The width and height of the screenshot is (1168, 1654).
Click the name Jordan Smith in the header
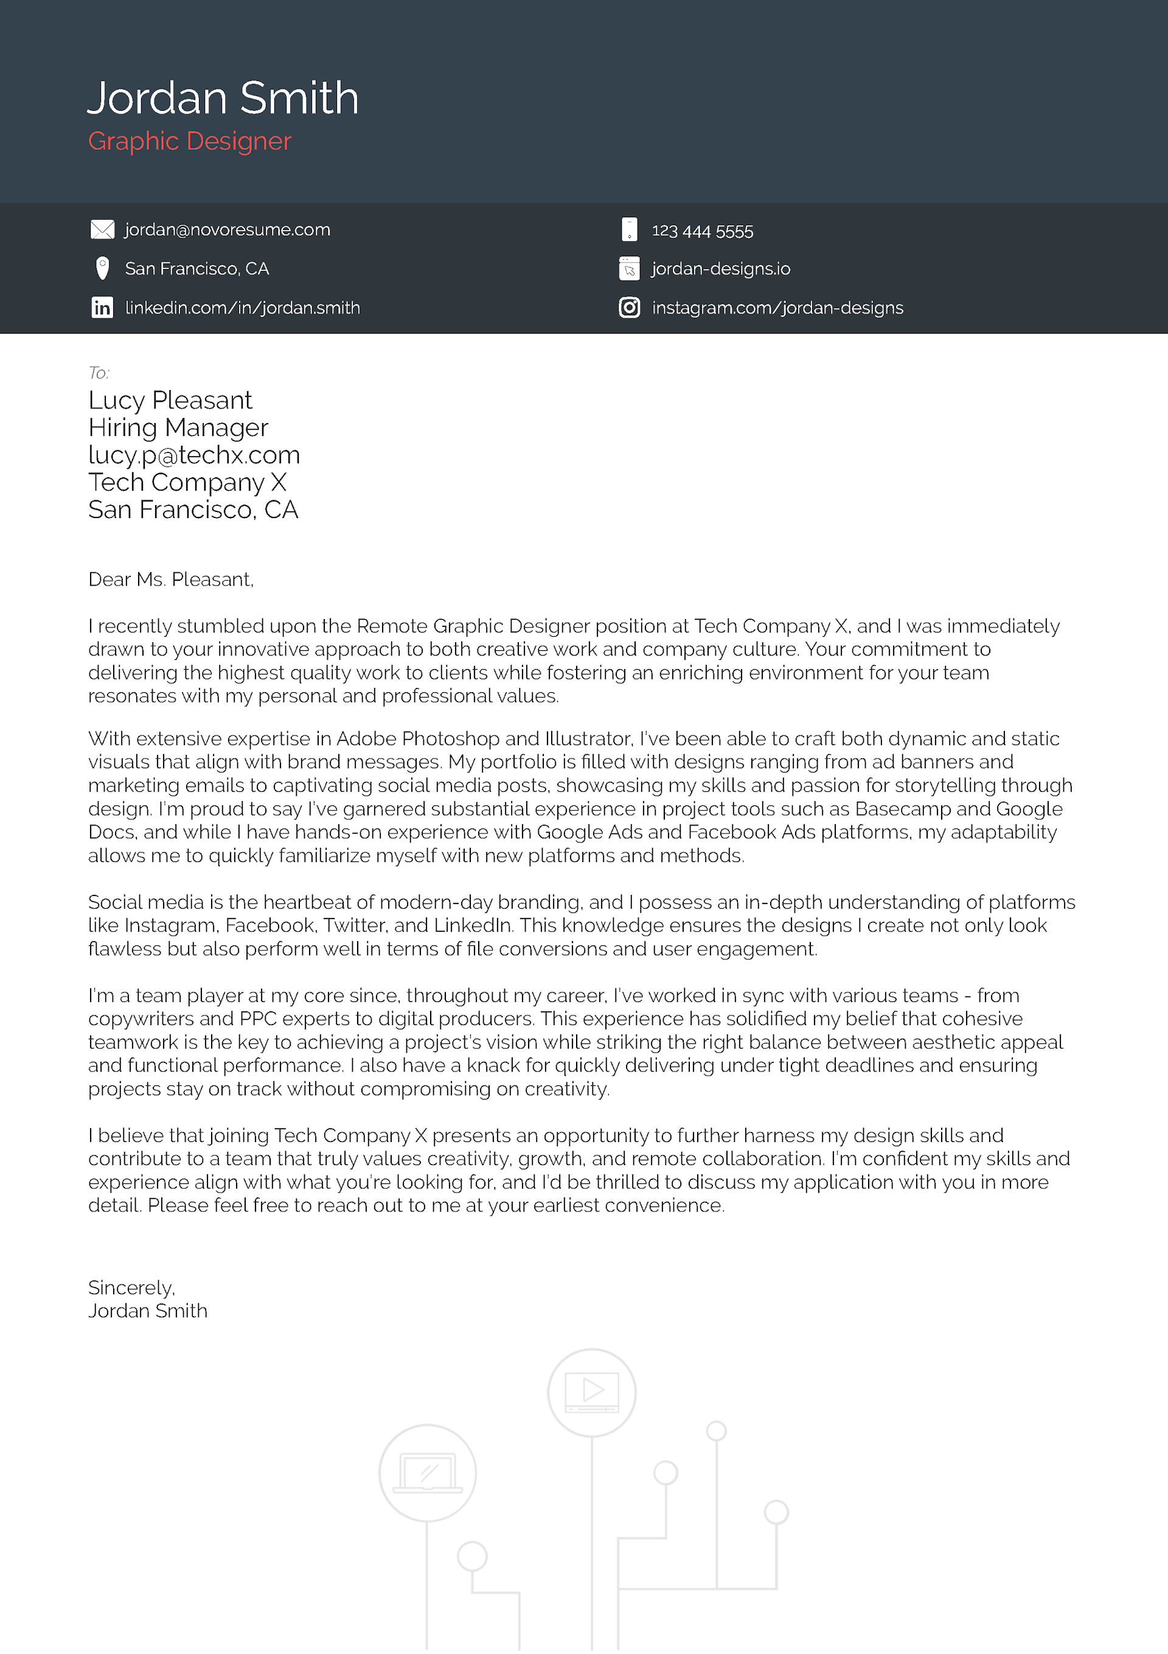(223, 98)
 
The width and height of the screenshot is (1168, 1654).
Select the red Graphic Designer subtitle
(189, 141)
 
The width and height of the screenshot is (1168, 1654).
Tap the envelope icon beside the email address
(102, 230)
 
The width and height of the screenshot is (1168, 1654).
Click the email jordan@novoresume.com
(228, 230)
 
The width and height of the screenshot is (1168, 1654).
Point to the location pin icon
(102, 268)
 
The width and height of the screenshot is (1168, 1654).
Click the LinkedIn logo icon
(102, 307)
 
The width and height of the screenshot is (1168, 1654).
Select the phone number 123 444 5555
(702, 231)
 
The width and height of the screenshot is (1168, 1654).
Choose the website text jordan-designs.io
(721, 268)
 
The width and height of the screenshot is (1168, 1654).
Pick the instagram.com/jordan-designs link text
(777, 307)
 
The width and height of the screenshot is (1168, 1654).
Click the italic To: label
(99, 373)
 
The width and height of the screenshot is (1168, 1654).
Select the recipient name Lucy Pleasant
(170, 401)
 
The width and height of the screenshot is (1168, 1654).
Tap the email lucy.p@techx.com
(193, 455)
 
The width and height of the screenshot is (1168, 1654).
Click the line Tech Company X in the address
(187, 483)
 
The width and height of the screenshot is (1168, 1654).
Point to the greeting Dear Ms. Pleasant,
(171, 580)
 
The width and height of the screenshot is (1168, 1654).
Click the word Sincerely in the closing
(130, 1288)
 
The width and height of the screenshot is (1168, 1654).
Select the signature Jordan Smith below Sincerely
(148, 1311)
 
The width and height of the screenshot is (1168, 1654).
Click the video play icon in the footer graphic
(592, 1391)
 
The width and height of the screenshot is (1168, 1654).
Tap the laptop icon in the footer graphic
(428, 1473)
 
